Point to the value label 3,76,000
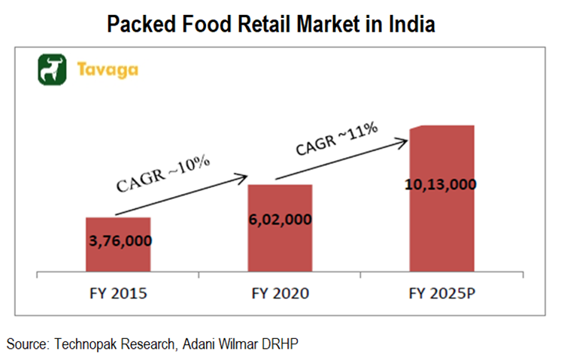coord(118,241)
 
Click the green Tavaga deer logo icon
coord(53,70)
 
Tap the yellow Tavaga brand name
coord(106,71)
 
